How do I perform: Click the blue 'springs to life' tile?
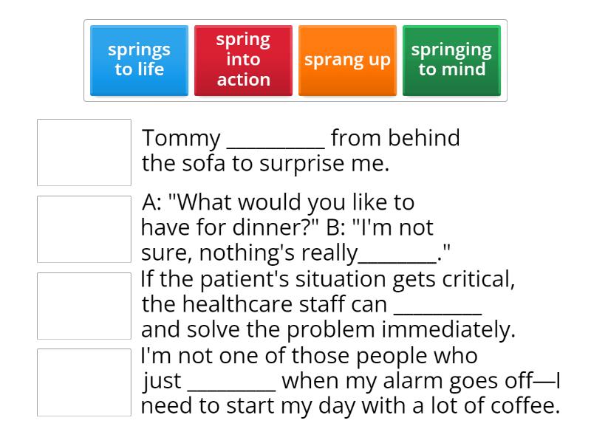click(139, 60)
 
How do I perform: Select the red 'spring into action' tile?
click(243, 60)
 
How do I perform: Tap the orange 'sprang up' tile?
click(347, 60)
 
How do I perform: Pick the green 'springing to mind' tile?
click(451, 60)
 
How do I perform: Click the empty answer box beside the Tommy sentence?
click(84, 152)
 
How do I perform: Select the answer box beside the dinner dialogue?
click(84, 229)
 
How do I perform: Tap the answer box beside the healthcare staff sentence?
click(84, 306)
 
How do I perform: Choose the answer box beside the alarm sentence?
click(84, 382)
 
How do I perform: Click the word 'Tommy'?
click(181, 138)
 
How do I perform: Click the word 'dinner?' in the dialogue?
click(277, 227)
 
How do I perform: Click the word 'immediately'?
click(451, 329)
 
